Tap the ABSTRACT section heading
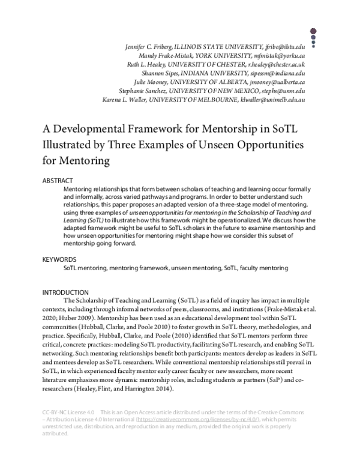pos(58,180)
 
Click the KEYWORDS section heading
pos(59,259)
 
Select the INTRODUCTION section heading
pos(65,292)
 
